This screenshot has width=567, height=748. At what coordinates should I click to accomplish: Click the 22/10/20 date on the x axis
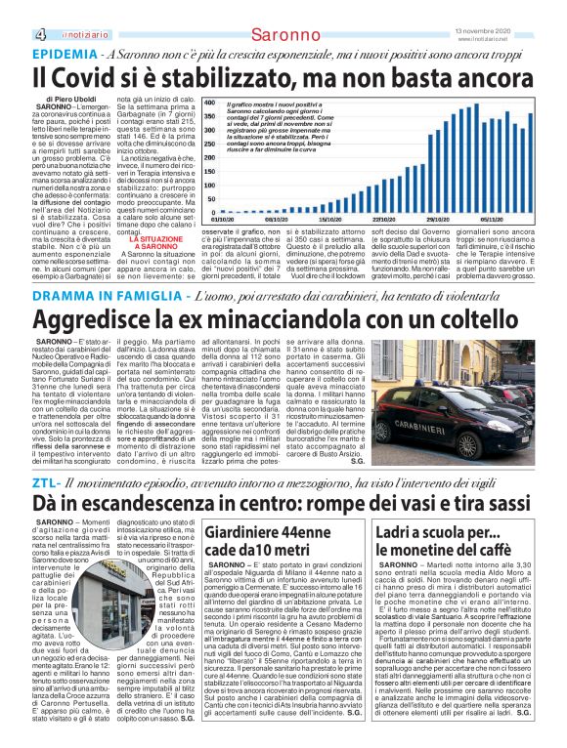(x=384, y=222)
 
